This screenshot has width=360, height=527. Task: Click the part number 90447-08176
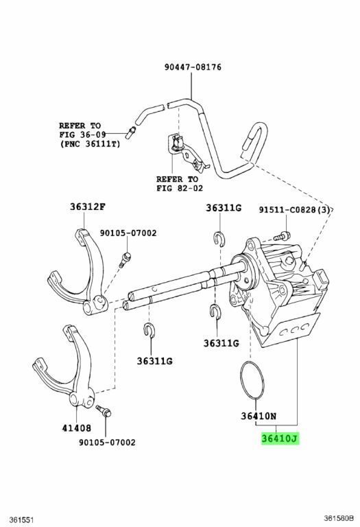193,67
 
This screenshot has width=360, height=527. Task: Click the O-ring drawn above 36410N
248,379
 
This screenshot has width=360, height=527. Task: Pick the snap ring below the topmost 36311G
218,239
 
